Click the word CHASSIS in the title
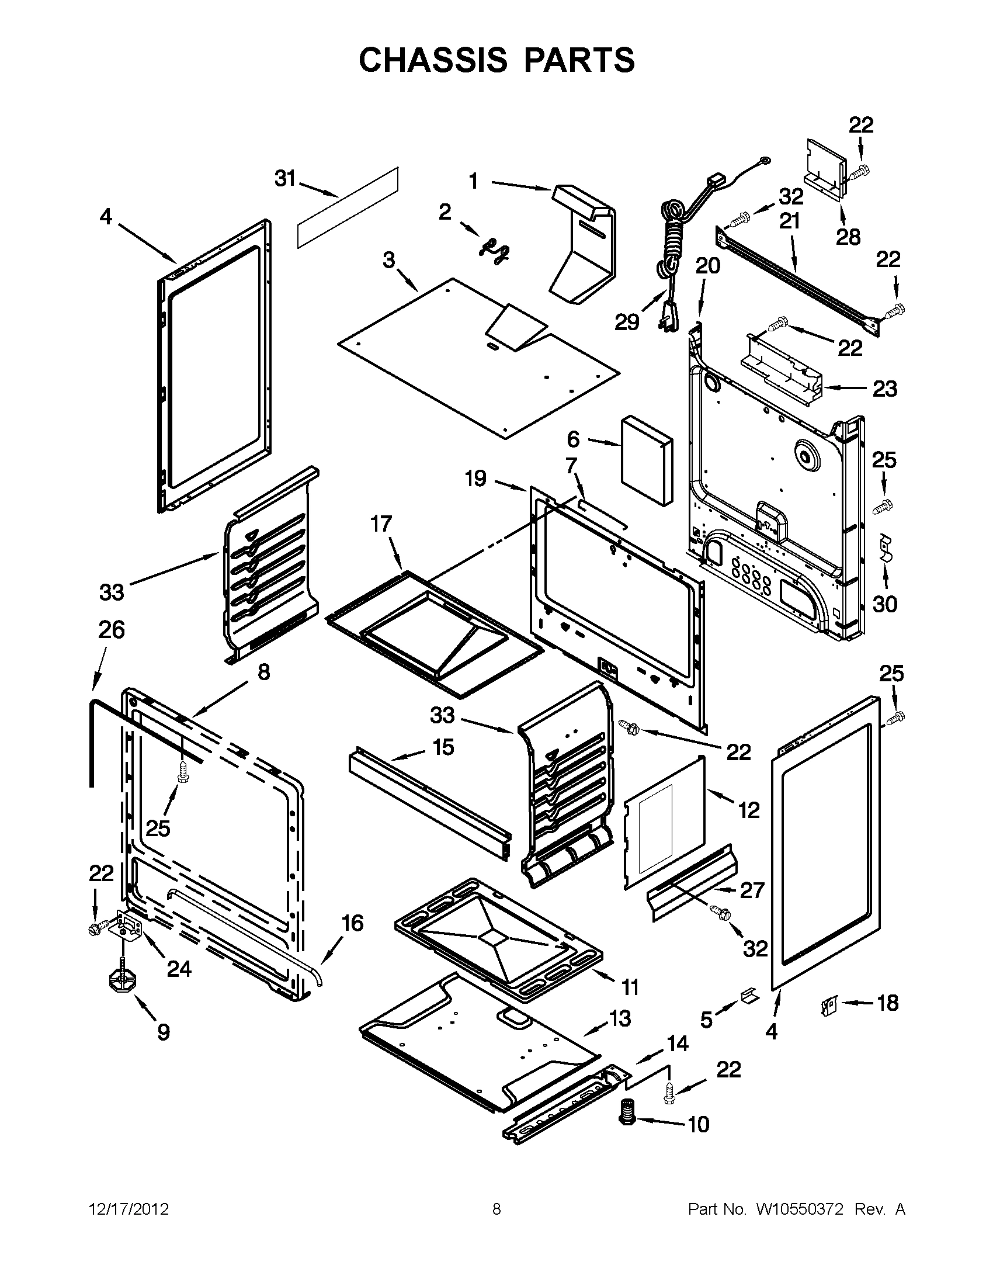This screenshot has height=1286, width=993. (x=433, y=60)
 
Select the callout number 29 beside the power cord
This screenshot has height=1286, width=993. (x=626, y=322)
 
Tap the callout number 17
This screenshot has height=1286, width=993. (x=381, y=524)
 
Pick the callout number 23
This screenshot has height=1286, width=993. (x=884, y=389)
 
